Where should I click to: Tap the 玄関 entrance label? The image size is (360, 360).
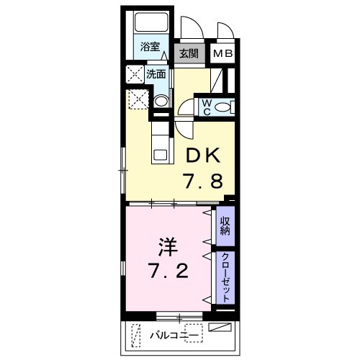coord(189,53)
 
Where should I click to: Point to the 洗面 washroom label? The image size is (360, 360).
coord(156,73)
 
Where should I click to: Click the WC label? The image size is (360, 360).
coord(205,107)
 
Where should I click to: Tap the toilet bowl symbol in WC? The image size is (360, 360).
coord(224,107)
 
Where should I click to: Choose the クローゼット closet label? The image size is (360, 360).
coord(225,277)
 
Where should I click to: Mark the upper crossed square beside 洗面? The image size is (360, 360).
coord(135,73)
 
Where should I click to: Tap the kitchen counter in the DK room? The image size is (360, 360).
coord(159,137)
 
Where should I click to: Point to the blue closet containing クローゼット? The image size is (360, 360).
coord(225,277)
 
